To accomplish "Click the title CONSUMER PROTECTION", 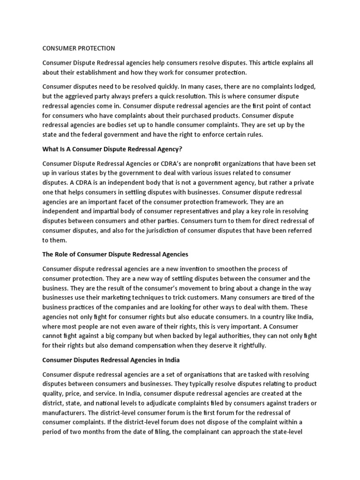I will [x=79, y=48].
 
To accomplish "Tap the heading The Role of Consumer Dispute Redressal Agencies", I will [x=115, y=254].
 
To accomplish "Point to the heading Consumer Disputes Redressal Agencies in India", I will [x=111, y=360].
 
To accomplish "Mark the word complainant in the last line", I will [x=214, y=432].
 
